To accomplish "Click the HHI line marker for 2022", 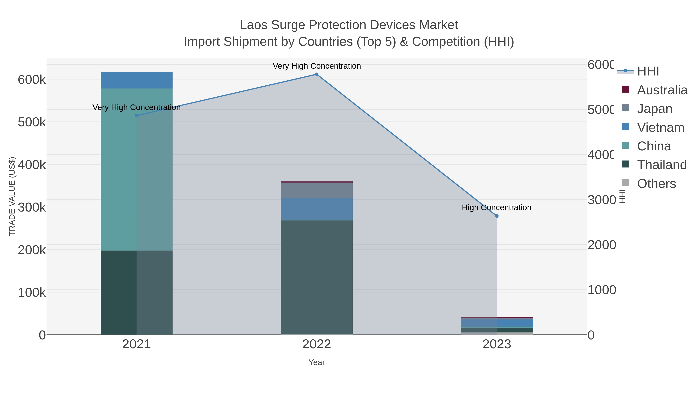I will click(316, 74).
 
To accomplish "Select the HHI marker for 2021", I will click(136, 115).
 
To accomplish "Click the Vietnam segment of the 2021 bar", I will click(136, 80).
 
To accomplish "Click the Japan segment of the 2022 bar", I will click(316, 191).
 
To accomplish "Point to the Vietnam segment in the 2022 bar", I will click(316, 209).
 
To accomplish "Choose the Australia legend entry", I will click(662, 90).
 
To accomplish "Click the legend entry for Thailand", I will click(662, 165).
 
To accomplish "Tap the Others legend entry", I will click(656, 184).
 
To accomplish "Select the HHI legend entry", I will click(648, 71).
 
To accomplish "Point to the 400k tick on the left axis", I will click(32, 165).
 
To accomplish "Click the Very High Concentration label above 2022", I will click(316, 66).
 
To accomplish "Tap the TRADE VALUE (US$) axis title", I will click(12, 196).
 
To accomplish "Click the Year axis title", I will click(316, 362).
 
